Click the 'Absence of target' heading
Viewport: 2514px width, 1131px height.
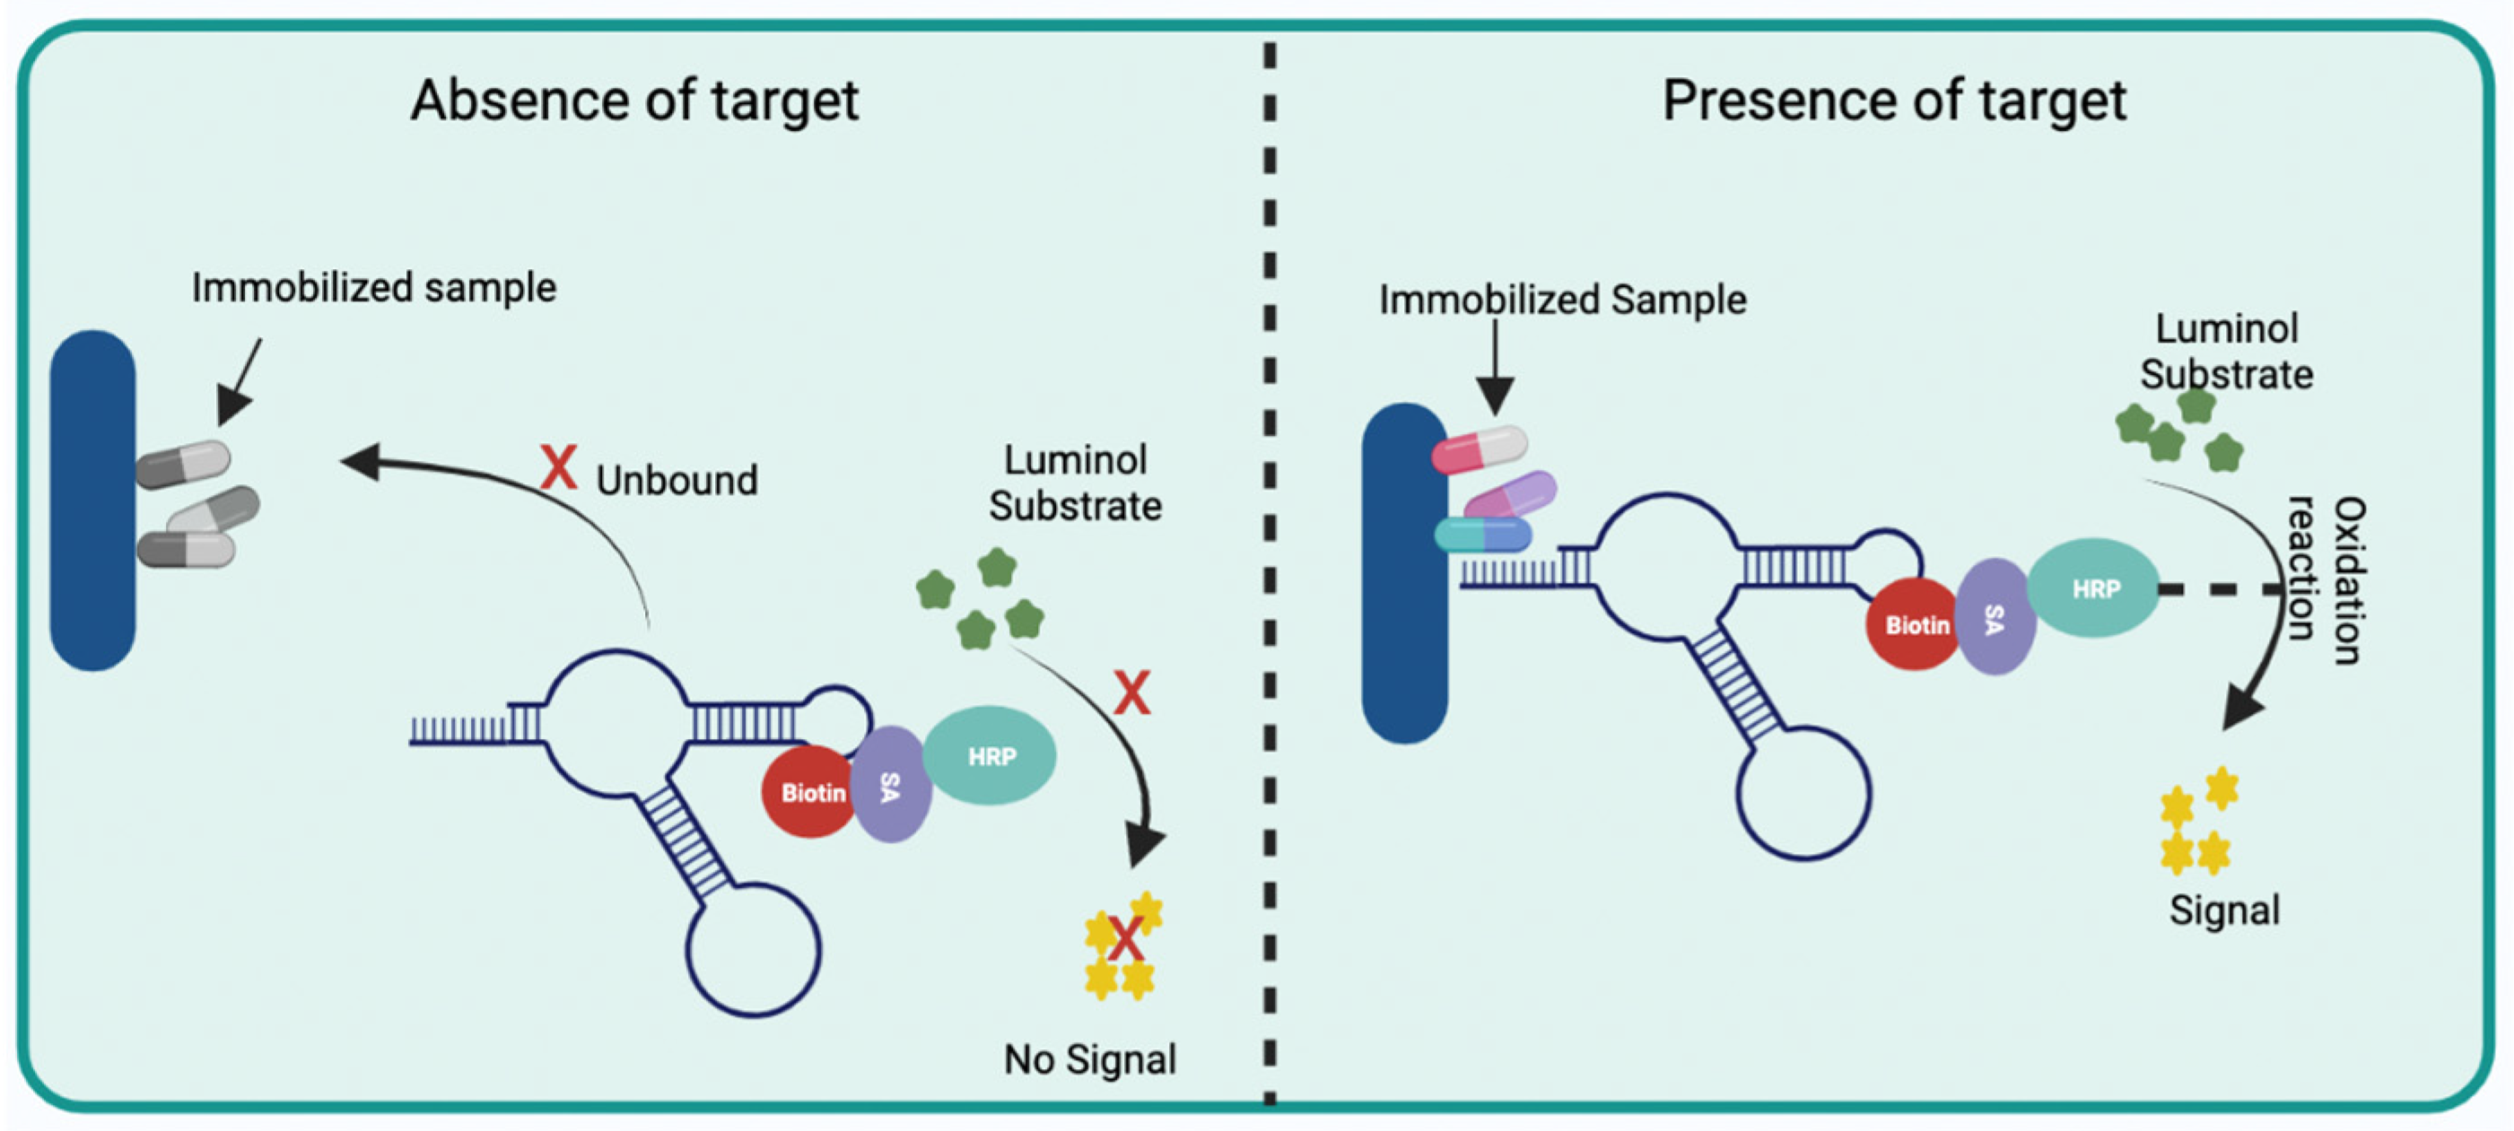click(634, 100)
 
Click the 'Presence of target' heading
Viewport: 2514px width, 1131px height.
click(1893, 100)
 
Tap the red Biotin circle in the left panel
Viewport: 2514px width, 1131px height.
click(808, 792)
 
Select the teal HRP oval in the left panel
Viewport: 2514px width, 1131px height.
click(990, 755)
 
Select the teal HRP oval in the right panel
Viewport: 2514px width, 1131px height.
click(2094, 588)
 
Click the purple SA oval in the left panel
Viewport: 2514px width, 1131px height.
click(889, 786)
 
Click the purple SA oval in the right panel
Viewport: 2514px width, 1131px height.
click(1995, 618)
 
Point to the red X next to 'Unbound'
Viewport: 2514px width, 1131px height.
click(558, 467)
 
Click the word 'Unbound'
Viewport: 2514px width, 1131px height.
click(677, 480)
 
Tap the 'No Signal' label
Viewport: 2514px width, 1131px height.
click(1090, 1058)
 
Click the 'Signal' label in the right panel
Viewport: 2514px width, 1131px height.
click(2224, 909)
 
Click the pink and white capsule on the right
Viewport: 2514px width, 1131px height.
click(1479, 448)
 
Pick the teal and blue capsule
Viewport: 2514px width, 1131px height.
click(1482, 535)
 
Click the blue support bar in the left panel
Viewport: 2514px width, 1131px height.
click(92, 500)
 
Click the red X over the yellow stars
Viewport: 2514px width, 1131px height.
click(1124, 939)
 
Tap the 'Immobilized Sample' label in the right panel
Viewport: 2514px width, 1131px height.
click(1561, 300)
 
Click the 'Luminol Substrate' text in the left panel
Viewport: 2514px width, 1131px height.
click(1075, 483)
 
